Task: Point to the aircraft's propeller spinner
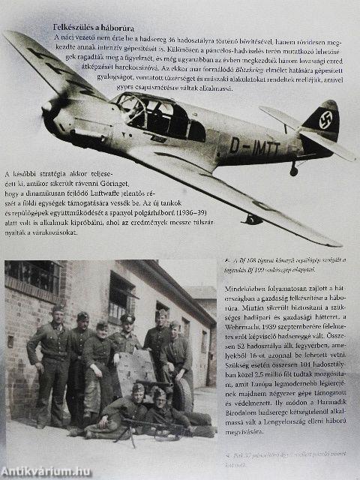coord(47,107)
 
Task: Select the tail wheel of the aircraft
coord(293,172)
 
